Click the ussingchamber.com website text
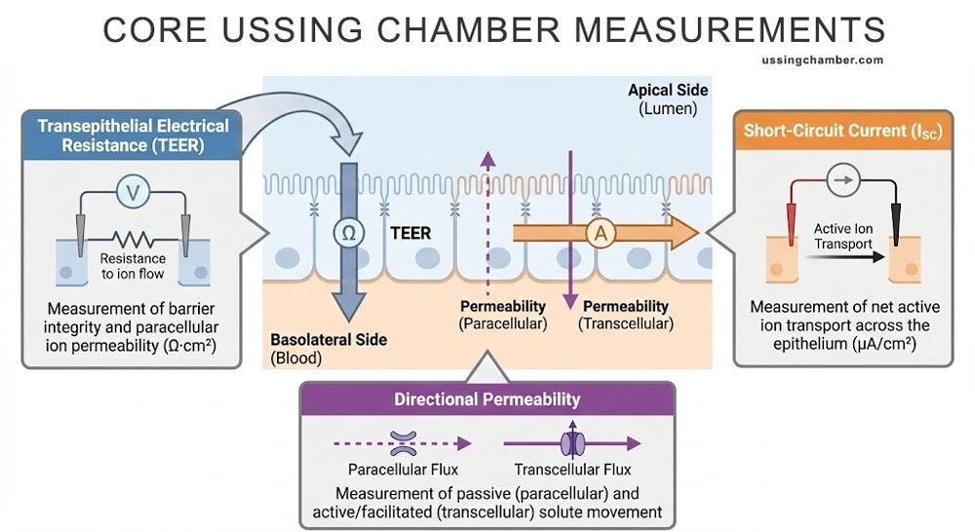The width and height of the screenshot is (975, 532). tap(821, 60)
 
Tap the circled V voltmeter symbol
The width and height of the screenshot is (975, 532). tap(133, 193)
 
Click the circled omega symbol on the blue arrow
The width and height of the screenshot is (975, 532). tap(347, 233)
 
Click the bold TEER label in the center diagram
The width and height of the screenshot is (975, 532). tap(410, 234)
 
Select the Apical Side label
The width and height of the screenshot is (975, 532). tap(669, 91)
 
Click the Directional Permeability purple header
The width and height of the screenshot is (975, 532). tap(487, 399)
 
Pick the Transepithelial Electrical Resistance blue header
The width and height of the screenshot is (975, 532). tap(133, 135)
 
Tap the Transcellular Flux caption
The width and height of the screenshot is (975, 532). tap(569, 468)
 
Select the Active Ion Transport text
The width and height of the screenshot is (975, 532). tap(842, 236)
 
